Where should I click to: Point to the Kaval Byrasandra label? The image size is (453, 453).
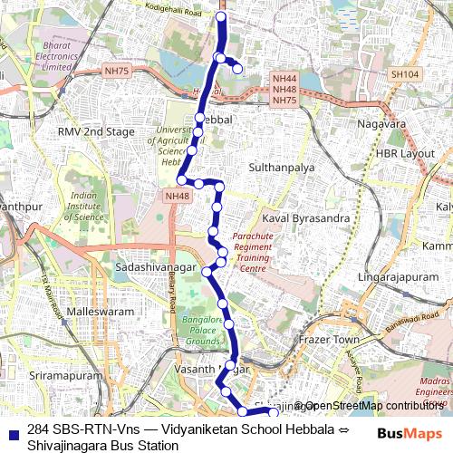coord(304,218)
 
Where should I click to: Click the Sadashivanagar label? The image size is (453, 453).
coord(152,269)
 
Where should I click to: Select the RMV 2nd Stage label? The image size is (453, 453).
coord(95,132)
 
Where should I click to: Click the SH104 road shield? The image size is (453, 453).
coord(403,74)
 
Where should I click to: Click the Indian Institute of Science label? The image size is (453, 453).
coord(87,205)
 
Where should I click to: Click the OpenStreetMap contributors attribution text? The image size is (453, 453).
coord(372,405)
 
